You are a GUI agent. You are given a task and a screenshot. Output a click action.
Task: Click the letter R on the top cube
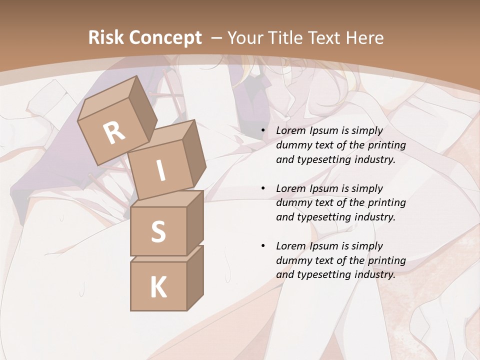(x=114, y=132)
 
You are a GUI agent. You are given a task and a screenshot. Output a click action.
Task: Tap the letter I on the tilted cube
(x=160, y=171)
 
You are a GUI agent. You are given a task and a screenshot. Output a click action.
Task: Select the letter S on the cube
(x=158, y=231)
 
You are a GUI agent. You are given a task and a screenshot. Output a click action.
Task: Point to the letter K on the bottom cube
(x=158, y=287)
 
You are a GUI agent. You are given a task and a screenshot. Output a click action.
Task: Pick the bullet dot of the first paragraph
(x=263, y=131)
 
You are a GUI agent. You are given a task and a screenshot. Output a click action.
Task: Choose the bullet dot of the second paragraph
(x=263, y=189)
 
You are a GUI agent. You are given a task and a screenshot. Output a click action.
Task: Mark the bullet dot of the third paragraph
(x=263, y=246)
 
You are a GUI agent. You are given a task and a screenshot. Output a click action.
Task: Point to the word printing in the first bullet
(x=386, y=145)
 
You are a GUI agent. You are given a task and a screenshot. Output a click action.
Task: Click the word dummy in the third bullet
(x=292, y=260)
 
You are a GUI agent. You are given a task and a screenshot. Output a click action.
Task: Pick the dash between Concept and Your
(x=216, y=38)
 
